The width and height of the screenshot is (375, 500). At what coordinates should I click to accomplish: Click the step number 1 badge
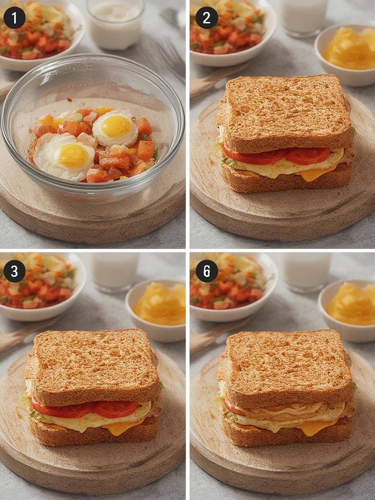point(15,18)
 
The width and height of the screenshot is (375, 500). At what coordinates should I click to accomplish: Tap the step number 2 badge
point(207,18)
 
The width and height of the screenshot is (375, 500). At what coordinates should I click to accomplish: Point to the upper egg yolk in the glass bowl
point(116,126)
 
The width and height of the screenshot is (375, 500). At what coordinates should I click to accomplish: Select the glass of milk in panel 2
point(303,17)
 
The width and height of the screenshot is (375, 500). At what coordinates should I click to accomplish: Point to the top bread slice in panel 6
point(286,365)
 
